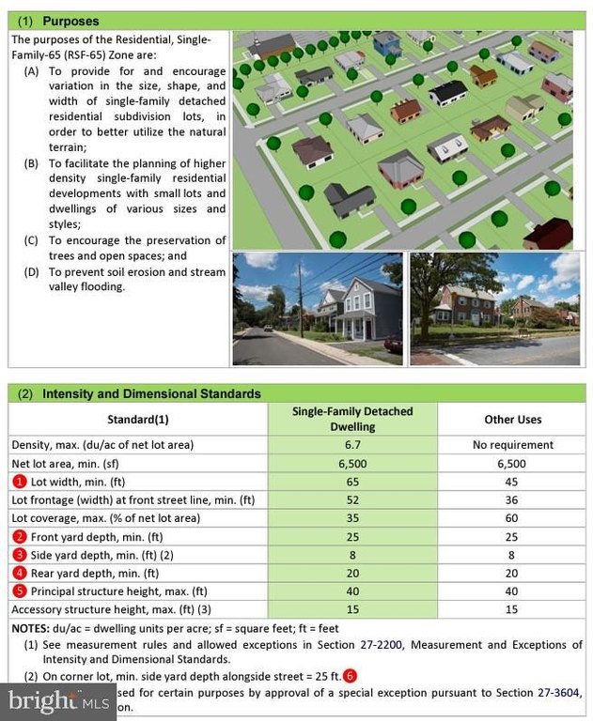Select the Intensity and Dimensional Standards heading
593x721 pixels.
pyautogui.click(x=150, y=393)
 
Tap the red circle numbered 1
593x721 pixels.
pyautogui.click(x=18, y=482)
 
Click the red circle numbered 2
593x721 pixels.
pyautogui.click(x=18, y=536)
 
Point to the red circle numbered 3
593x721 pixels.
pyautogui.click(x=18, y=554)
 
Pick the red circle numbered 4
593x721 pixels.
pyautogui.click(x=18, y=573)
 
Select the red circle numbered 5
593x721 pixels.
pyautogui.click(x=18, y=591)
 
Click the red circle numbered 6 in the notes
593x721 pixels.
pyautogui.click(x=350, y=675)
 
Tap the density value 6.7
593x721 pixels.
pyautogui.click(x=352, y=445)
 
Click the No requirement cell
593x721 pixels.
pyautogui.click(x=512, y=445)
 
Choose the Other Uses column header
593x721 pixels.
pyautogui.click(x=512, y=419)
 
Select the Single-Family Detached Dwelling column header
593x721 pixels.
pyautogui.click(x=352, y=419)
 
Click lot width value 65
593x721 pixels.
pyautogui.click(x=352, y=482)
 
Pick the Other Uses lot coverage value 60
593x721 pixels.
pyautogui.click(x=512, y=517)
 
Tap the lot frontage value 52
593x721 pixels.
pyautogui.click(x=352, y=499)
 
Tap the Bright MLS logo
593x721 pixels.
pyautogui.click(x=56, y=700)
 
